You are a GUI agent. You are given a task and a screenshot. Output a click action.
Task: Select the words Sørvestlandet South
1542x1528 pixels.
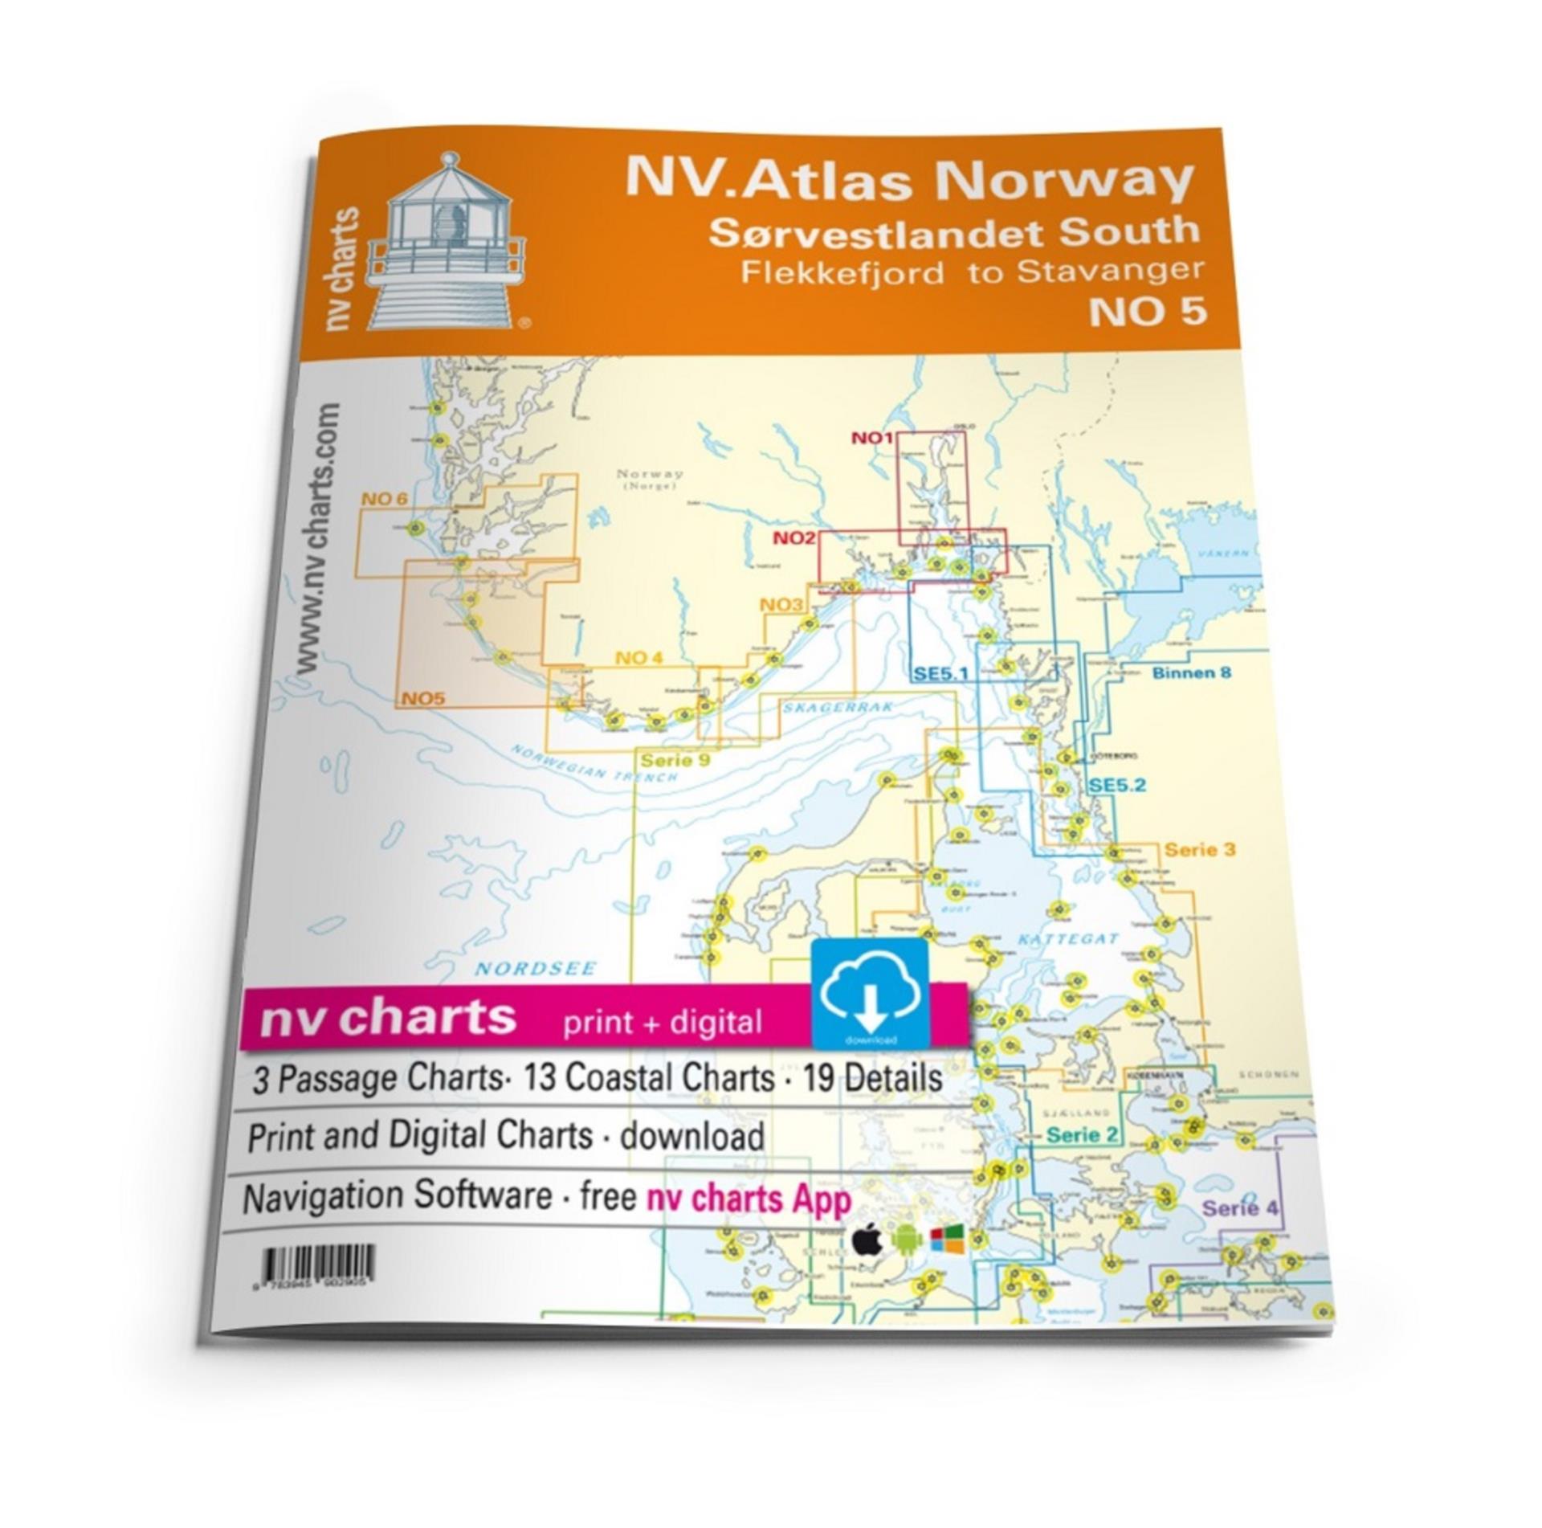click(953, 231)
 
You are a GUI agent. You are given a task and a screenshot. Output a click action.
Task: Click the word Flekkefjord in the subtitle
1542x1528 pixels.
click(842, 273)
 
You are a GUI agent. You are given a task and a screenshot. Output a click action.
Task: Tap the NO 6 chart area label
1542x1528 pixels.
click(384, 499)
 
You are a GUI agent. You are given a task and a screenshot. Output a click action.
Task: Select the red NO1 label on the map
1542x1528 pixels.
click(872, 438)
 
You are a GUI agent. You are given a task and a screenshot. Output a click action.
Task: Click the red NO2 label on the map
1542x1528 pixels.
click(795, 538)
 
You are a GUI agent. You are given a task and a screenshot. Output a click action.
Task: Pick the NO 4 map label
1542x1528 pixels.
click(639, 658)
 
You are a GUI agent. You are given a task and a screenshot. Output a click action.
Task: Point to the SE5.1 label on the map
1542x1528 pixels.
click(941, 674)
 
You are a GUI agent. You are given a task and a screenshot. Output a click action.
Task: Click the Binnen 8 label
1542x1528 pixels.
click(1191, 672)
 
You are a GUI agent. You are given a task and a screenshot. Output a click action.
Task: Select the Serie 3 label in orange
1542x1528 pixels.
click(1200, 849)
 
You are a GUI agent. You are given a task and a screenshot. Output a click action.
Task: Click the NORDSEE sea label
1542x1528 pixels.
click(535, 968)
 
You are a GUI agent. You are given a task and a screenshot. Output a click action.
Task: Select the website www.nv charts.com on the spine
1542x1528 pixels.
click(319, 541)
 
